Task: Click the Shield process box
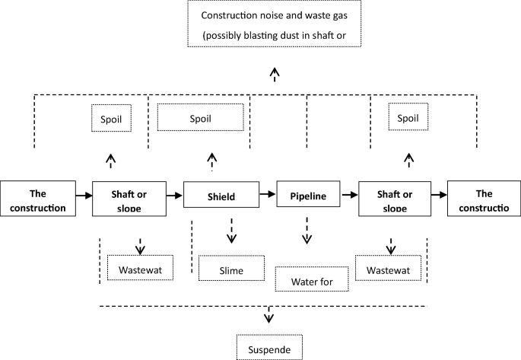221,196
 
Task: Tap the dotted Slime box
231,269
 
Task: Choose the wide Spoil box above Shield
200,118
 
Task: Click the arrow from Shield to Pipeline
268,196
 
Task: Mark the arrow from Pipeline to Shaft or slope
349,196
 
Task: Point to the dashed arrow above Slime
231,231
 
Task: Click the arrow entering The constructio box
439,196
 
